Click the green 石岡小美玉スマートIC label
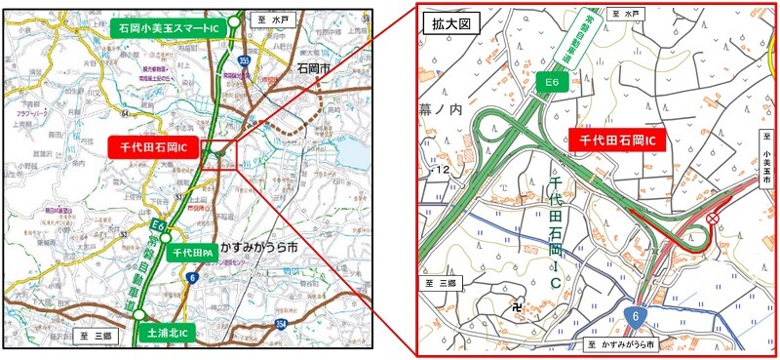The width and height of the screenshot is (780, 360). click(169, 28)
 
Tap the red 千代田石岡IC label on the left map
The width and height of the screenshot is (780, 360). click(154, 147)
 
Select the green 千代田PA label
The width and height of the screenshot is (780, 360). click(193, 253)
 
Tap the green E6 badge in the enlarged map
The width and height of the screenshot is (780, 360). click(550, 85)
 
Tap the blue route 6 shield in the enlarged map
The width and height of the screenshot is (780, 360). click(635, 316)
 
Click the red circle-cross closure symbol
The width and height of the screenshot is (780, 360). click(714, 219)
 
